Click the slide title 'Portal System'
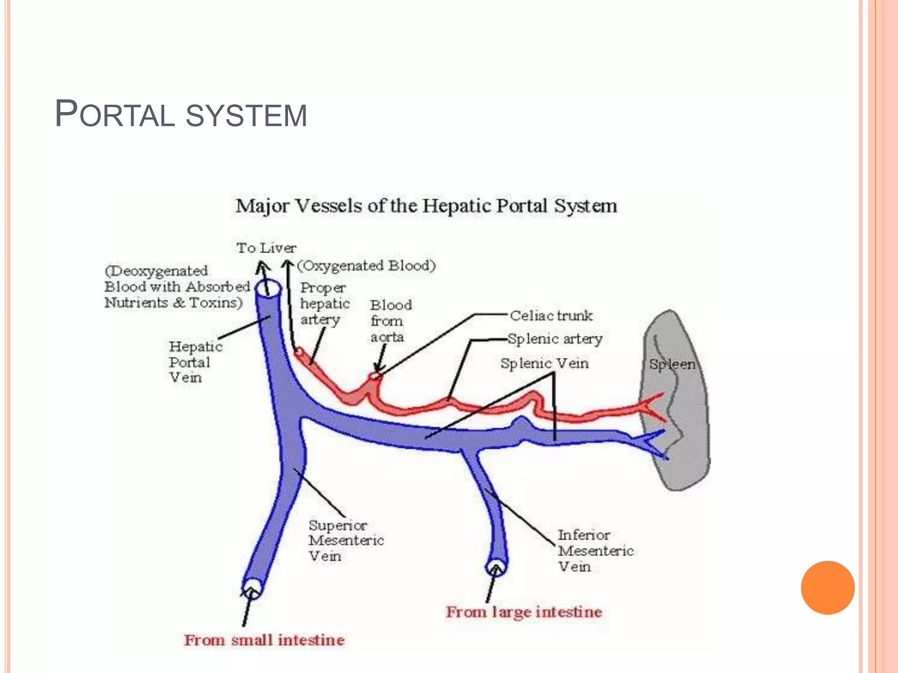tap(181, 115)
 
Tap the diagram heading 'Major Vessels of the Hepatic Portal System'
tap(426, 206)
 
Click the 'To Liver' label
tap(267, 248)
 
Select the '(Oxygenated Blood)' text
tap(367, 266)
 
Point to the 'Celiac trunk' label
tap(551, 315)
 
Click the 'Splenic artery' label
tap(555, 339)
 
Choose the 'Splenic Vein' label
tap(544, 363)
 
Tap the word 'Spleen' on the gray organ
tap(672, 364)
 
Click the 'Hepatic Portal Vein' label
tap(196, 362)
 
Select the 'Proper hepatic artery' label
tap(324, 304)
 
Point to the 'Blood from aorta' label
tap(391, 321)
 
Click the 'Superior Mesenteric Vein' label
tap(346, 540)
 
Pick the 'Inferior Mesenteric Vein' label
tap(595, 551)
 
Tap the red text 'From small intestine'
tap(264, 640)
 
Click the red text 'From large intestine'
tap(524, 612)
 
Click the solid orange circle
tap(827, 588)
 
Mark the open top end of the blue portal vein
tap(268, 289)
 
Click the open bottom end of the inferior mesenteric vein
tap(496, 567)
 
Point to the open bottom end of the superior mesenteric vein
tap(252, 588)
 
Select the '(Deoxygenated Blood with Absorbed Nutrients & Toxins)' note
tap(177, 287)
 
